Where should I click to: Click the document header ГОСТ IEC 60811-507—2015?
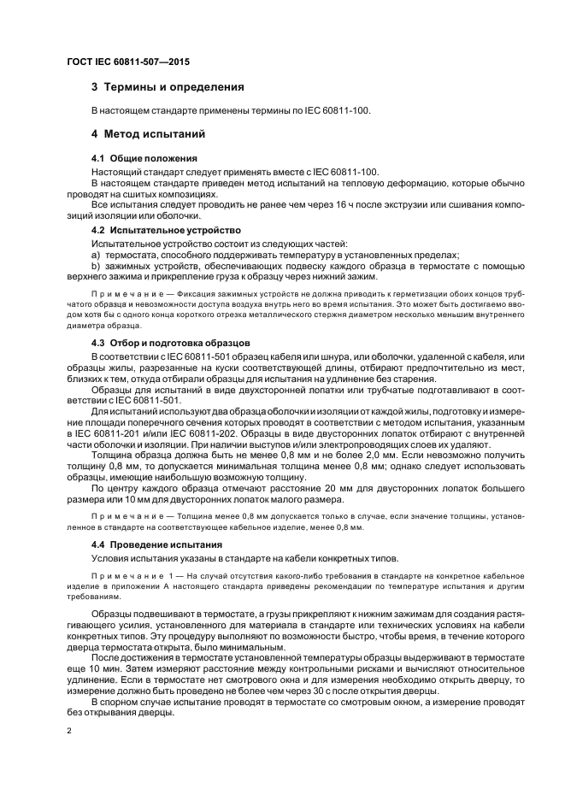tap(127, 62)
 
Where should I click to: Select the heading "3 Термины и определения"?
tap(168, 87)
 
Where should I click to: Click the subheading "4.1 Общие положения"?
tap(144, 159)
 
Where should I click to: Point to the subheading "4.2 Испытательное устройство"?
tap(166, 231)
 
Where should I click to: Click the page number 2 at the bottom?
tap(68, 732)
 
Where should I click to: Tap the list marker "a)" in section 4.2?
tap(96, 255)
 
